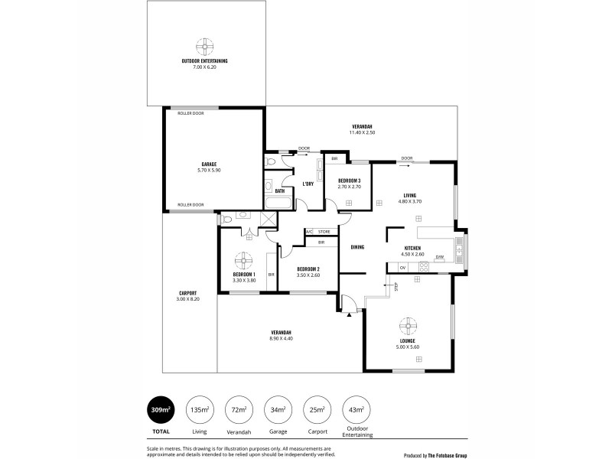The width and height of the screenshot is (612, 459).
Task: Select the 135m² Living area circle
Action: point(200,411)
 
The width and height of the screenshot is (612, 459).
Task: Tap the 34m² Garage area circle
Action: point(276,411)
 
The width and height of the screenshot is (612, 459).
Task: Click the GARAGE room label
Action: point(208,164)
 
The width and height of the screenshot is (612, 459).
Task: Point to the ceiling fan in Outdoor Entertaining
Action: point(204,44)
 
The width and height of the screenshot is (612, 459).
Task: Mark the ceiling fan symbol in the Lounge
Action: point(407,325)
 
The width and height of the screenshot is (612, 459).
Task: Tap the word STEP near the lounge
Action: point(396,286)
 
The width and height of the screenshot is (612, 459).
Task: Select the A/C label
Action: point(310,231)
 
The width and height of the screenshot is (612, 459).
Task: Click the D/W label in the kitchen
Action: point(439,257)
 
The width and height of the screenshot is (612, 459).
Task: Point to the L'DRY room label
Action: point(308,184)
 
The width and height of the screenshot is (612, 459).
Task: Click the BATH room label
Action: point(269,190)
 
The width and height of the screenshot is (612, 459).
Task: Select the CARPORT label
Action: point(188,293)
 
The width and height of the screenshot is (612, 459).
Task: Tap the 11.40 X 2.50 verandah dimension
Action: point(362,132)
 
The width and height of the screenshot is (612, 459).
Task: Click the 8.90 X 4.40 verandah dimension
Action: point(282,338)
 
